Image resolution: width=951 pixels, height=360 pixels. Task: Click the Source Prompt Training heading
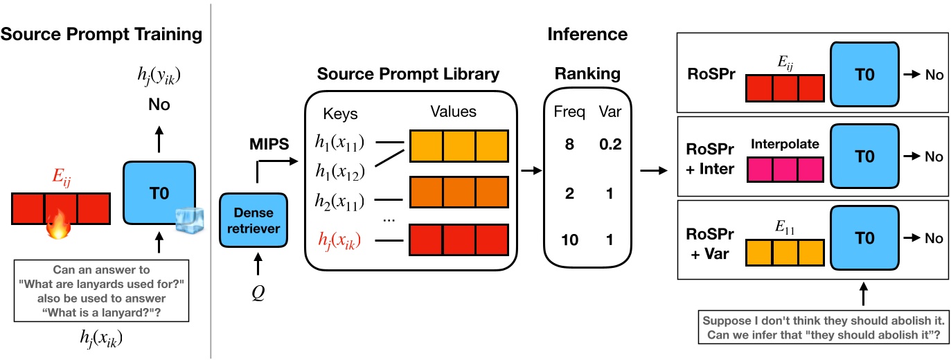click(101, 34)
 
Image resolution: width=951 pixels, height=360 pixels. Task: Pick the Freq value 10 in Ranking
click(569, 240)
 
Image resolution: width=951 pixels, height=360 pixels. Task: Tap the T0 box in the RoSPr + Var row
click(864, 237)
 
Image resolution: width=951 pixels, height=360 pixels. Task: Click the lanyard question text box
click(92, 289)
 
